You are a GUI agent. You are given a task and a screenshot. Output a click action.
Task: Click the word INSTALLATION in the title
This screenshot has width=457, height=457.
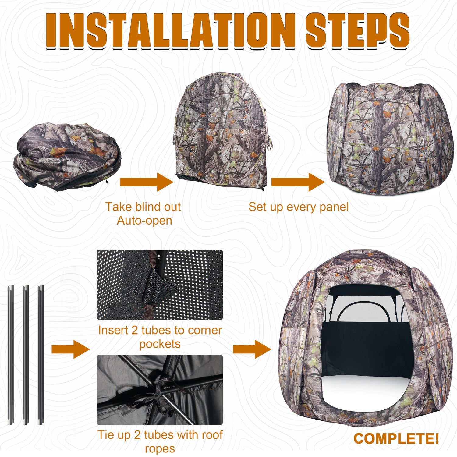click(x=171, y=30)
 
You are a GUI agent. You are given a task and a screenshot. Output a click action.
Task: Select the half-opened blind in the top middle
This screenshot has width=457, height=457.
click(x=222, y=131)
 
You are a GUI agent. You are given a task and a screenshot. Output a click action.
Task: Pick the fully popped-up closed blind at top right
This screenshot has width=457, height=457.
click(x=390, y=139)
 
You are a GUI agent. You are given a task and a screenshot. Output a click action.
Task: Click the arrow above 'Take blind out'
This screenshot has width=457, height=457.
click(x=146, y=182)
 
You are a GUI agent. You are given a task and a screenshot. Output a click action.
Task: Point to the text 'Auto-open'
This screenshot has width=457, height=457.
click(x=144, y=221)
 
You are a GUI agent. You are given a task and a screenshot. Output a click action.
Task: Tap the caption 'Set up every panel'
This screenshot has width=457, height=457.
click(x=298, y=207)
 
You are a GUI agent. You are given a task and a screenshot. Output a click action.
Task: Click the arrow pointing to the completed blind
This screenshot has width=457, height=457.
click(x=252, y=349)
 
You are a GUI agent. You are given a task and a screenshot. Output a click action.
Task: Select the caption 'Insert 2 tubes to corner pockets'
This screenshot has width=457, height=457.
click(x=160, y=337)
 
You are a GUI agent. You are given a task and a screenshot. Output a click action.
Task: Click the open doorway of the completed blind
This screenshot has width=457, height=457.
click(x=366, y=350)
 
